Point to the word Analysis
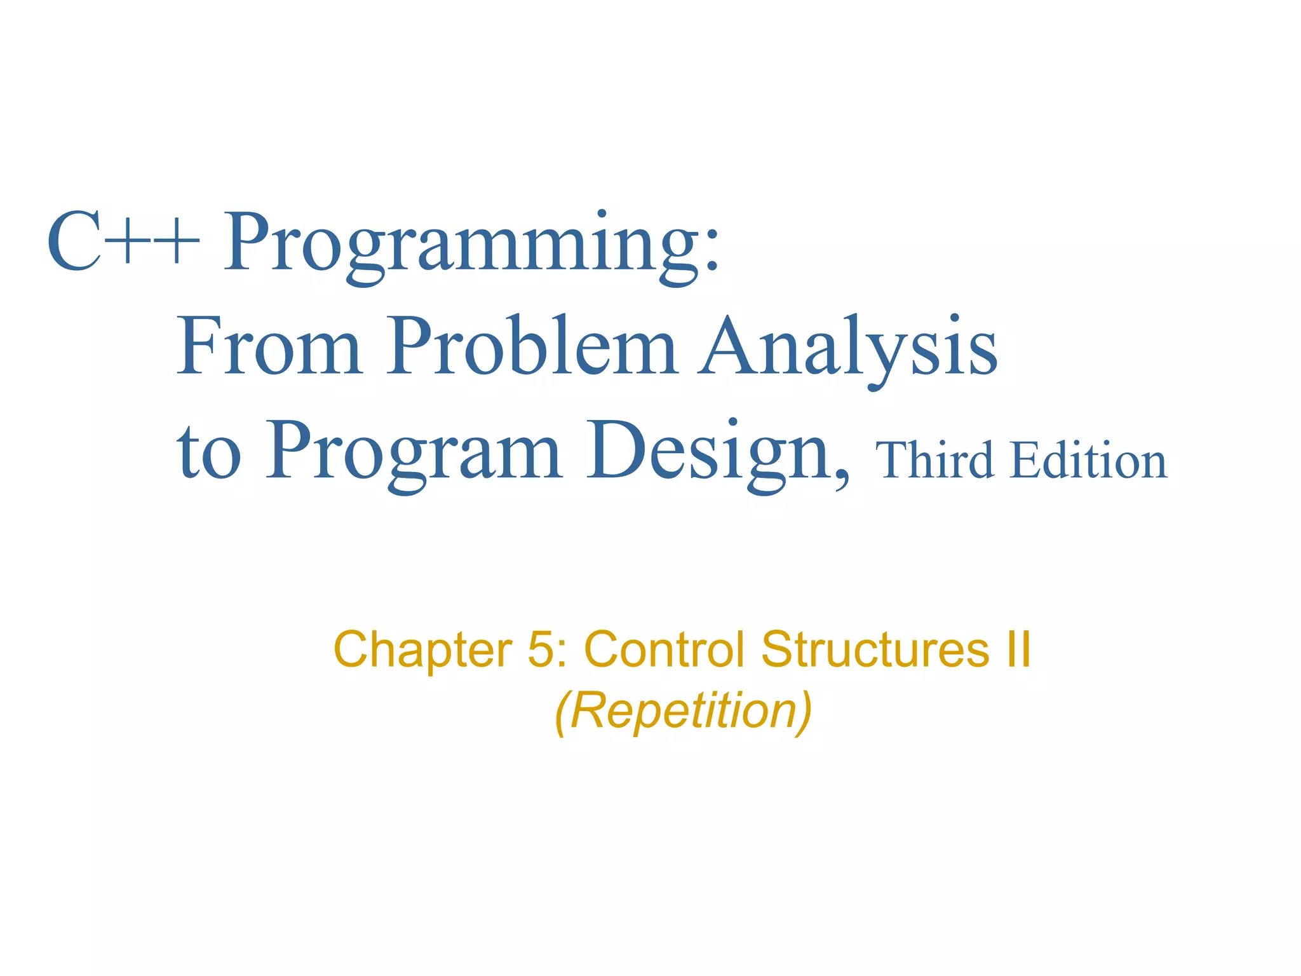[x=847, y=348]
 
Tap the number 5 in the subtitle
[x=540, y=649]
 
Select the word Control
[x=664, y=649]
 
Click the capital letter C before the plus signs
[x=74, y=241]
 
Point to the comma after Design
[x=841, y=473]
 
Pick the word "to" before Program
[x=209, y=452]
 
